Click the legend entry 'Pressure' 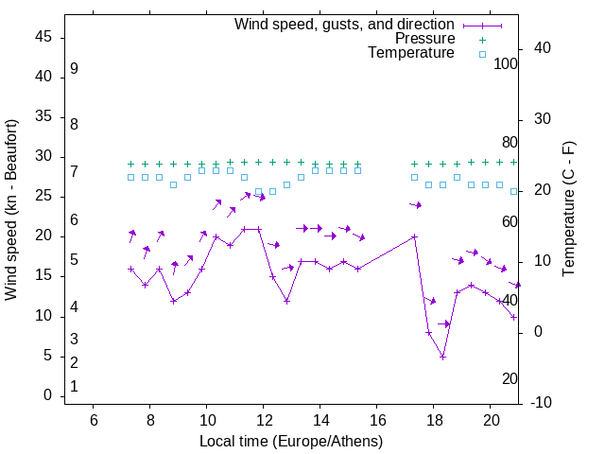pos(424,39)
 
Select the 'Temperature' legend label pos(411,53)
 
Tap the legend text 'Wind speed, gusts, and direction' pos(345,24)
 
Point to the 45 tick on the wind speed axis pos(43,38)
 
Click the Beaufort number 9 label pos(74,69)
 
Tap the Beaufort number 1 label pos(74,387)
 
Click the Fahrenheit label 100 pos(506,63)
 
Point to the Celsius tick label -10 pos(543,403)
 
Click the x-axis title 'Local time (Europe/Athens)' pos(291,442)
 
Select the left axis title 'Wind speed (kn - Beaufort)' pos(12,210)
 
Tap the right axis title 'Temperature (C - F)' pos(568,210)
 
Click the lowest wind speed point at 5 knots pos(442,357)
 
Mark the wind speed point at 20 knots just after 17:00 pos(414,236)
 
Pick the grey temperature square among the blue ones pos(272,191)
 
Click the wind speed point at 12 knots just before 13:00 pos(286,301)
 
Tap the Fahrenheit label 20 pos(510,379)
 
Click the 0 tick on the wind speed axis pos(47,395)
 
